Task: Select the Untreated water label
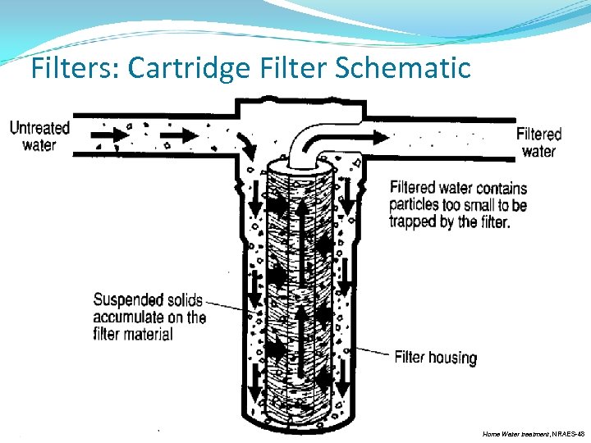[39, 136]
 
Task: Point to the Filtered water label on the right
[538, 142]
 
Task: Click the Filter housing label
[435, 358]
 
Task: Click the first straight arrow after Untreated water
[105, 133]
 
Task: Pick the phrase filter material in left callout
[133, 334]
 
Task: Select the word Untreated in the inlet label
[39, 128]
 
